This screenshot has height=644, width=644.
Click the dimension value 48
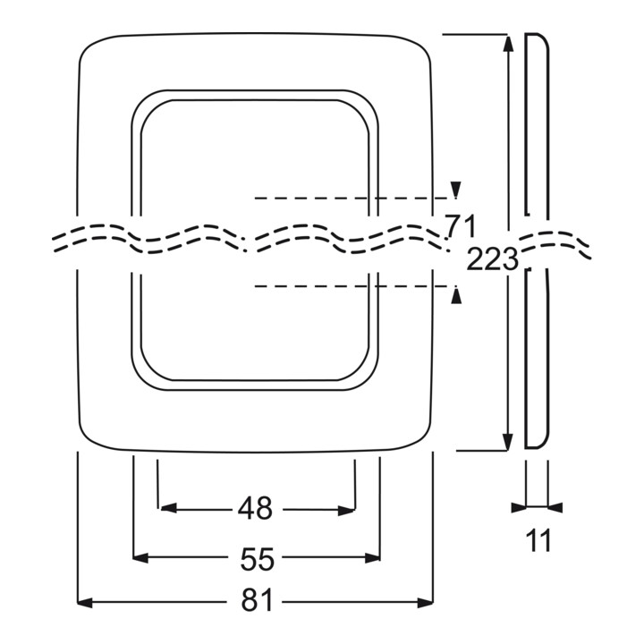click(x=255, y=509)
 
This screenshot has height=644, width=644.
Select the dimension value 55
click(x=257, y=559)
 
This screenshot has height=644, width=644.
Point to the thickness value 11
click(x=538, y=540)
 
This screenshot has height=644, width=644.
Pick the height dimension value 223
click(x=492, y=259)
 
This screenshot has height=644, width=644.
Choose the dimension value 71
click(x=461, y=226)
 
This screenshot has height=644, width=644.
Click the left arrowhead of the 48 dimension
click(x=168, y=508)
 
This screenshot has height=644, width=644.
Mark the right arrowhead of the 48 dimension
click(x=346, y=511)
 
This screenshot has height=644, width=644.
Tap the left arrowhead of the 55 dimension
click(x=140, y=557)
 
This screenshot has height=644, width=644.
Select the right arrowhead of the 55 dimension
click(x=372, y=558)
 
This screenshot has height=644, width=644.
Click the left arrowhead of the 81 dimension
click(x=85, y=603)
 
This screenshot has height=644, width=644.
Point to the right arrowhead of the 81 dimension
click(x=425, y=603)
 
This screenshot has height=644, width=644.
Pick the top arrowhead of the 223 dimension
click(x=508, y=44)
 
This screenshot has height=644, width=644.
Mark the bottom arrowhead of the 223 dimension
click(x=508, y=443)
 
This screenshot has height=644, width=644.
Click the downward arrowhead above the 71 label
click(x=455, y=190)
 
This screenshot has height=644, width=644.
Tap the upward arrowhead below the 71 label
click(x=456, y=296)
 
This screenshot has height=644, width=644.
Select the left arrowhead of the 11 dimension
click(x=519, y=508)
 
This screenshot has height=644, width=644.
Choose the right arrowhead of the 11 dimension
click(x=555, y=508)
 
